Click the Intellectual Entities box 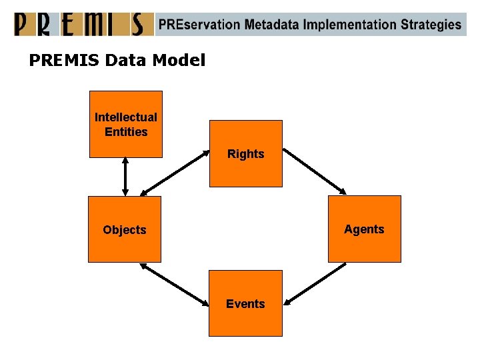pos(126,124)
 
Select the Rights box pos(246,154)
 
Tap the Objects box pos(125,229)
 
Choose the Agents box pos(364,229)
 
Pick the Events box pos(245,303)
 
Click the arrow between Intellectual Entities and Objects pos(125,177)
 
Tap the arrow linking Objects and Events pos(175,285)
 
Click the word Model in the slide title pos(179,61)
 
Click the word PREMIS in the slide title pos(64,61)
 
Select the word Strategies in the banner pos(431,25)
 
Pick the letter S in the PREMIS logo pos(136,24)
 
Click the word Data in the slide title pos(127,61)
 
